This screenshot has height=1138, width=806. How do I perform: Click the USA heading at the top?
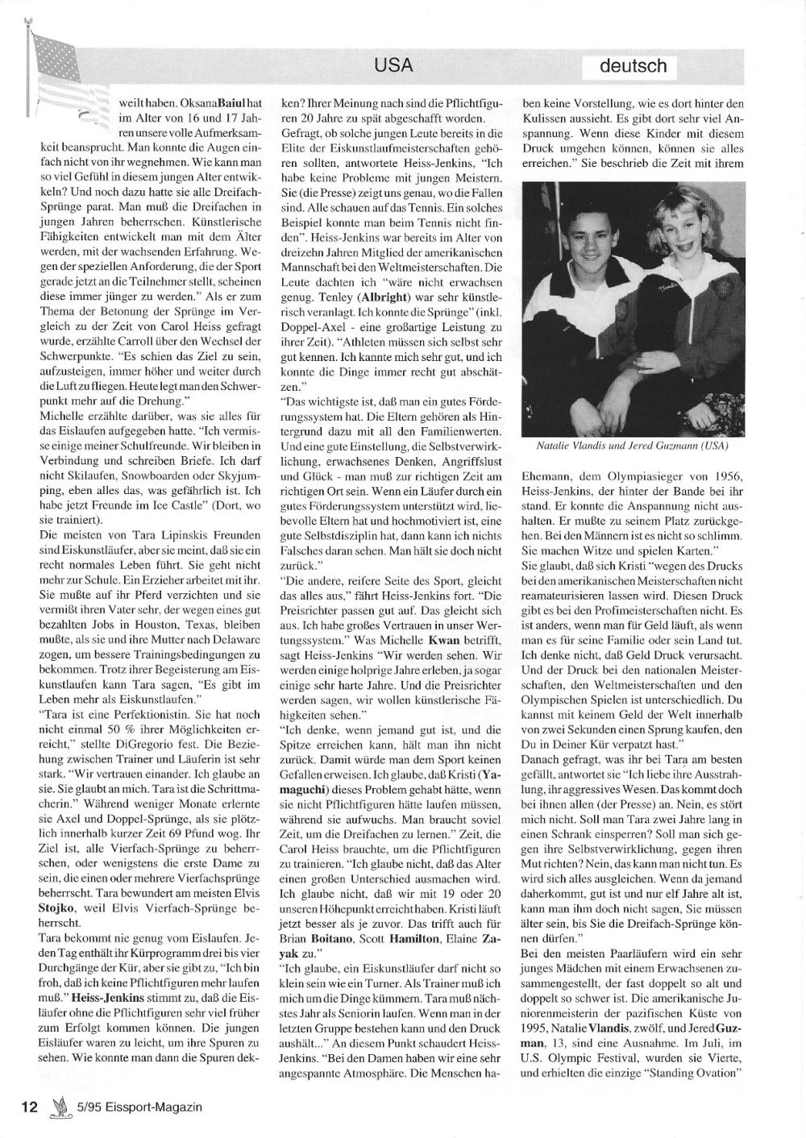tap(393, 65)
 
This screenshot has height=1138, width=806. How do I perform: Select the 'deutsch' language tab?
tap(633, 66)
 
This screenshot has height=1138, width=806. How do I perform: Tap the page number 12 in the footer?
tap(30, 1107)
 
